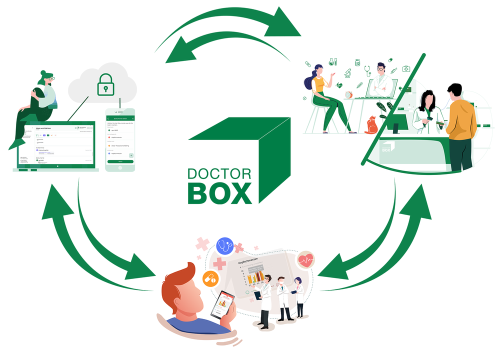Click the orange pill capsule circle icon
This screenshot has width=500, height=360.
pyautogui.click(x=210, y=279)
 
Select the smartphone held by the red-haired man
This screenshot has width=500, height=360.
pyautogui.click(x=223, y=304)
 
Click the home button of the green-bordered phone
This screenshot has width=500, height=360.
pyautogui.click(x=120, y=168)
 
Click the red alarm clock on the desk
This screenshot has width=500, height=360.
pyautogui.click(x=349, y=94)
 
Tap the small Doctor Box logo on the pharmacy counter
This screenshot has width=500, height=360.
pyautogui.click(x=387, y=146)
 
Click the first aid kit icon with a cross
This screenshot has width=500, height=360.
pyautogui.click(x=406, y=68)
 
